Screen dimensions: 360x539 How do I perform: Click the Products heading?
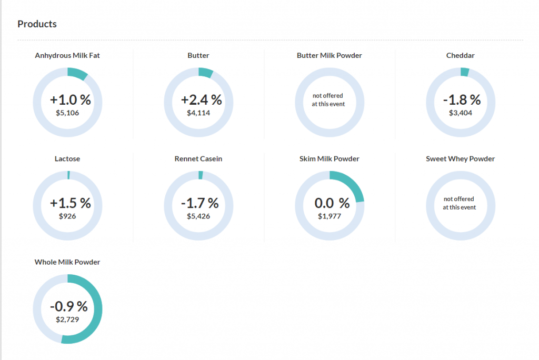point(37,24)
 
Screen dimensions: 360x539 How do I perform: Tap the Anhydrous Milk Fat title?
point(67,55)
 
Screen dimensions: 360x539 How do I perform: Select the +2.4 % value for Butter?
point(202,99)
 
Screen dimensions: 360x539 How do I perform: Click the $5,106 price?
point(67,112)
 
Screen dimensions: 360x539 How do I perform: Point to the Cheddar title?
point(460,55)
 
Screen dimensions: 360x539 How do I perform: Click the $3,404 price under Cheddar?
point(461,112)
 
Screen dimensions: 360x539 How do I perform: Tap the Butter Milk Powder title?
point(330,55)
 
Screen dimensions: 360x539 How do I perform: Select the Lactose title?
point(67,158)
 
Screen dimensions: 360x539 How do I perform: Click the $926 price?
point(67,216)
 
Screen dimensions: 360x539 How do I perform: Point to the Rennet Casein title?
point(198,158)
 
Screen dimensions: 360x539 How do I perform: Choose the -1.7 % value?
point(199,203)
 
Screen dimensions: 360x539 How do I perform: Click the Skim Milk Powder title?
point(330,158)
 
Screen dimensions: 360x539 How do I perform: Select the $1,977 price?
point(330,216)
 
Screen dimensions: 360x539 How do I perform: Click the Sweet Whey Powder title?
point(460,158)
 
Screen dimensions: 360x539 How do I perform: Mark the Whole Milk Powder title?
point(67,262)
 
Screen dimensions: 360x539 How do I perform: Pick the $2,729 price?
point(67,319)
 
